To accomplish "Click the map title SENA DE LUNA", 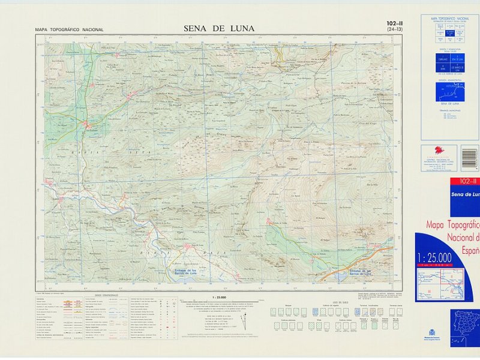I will tap(218, 28).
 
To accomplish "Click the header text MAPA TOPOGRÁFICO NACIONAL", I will tap(69, 29).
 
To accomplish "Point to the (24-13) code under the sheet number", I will tap(395, 29).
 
